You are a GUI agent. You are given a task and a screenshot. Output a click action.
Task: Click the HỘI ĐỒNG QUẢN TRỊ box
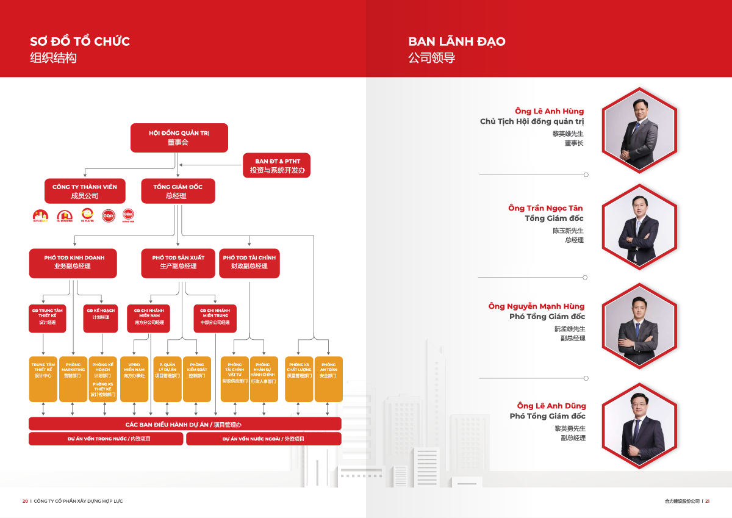click(x=179, y=137)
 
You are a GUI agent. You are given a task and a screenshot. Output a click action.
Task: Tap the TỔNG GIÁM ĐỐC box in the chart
click(x=178, y=191)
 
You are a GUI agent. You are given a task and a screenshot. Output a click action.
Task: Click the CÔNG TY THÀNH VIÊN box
click(x=85, y=191)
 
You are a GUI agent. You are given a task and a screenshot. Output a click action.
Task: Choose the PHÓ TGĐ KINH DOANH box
click(x=74, y=262)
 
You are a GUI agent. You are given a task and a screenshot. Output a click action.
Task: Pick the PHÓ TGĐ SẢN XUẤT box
click(x=178, y=262)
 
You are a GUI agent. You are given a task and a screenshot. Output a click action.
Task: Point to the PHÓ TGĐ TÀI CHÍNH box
click(x=249, y=262)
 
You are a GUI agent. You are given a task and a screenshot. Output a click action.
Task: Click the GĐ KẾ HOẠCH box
click(x=101, y=317)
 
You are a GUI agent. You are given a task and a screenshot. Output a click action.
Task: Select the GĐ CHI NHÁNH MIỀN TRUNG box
click(x=215, y=317)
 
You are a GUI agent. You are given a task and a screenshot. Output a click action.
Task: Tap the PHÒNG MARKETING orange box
click(x=73, y=378)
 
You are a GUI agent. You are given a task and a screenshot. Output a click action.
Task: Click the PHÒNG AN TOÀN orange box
click(x=328, y=378)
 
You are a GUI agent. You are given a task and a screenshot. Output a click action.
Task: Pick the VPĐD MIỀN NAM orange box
click(x=134, y=378)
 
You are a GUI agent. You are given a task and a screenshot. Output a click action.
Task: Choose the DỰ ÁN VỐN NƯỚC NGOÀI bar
click(x=263, y=439)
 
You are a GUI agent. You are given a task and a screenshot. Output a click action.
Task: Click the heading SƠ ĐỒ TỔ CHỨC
click(x=80, y=41)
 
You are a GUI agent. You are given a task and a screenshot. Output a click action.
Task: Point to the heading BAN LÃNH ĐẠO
click(x=457, y=41)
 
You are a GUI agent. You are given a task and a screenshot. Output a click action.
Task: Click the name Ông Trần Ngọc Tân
click(x=545, y=208)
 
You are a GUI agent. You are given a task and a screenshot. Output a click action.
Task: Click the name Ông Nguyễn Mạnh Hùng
click(x=536, y=306)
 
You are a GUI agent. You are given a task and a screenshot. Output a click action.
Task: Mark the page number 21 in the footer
click(x=707, y=501)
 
